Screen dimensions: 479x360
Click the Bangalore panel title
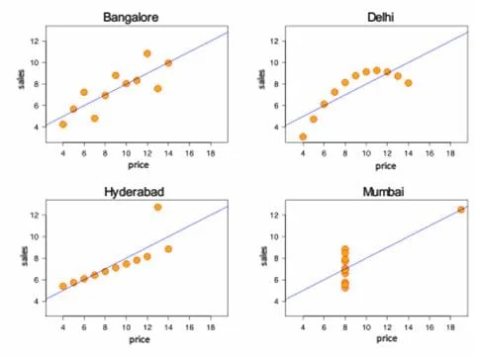coord(131,17)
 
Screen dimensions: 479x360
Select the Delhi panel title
coord(381,17)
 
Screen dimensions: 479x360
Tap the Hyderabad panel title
coord(135,192)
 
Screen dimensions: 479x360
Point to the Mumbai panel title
coord(383,192)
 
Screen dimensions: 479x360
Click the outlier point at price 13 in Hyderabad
coord(157,207)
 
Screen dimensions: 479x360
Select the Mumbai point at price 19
coord(461,210)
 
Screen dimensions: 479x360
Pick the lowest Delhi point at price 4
coord(303,136)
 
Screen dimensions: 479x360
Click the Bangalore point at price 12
coord(147,53)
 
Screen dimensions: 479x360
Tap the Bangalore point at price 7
coord(95,119)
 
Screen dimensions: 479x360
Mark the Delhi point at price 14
coord(409,83)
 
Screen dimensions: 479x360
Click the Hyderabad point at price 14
coord(168,249)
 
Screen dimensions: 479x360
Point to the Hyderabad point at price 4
coord(63,286)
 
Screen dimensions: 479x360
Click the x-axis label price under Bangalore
coord(139,165)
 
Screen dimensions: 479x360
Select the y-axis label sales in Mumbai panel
coord(264,256)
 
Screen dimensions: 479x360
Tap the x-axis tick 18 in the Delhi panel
coord(450,153)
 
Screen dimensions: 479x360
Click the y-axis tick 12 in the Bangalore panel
coord(35,42)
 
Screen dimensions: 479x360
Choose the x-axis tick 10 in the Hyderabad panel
coord(127,327)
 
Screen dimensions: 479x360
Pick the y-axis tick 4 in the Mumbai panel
coord(276,302)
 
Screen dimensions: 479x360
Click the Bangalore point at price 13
coord(157,88)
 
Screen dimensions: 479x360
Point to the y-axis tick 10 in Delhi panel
coord(274,62)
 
